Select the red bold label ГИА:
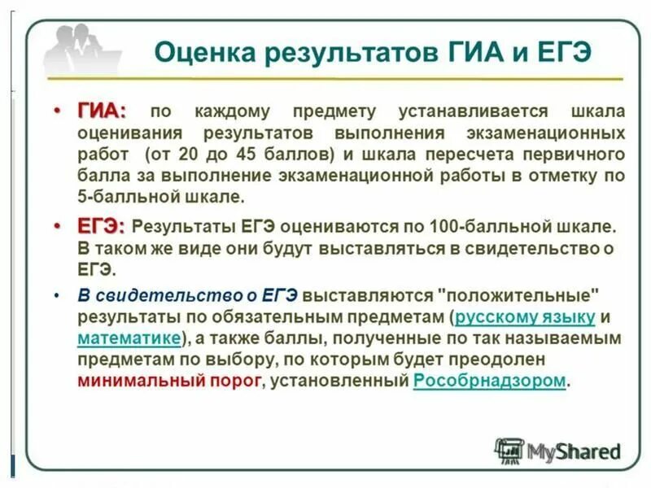pos(101,111)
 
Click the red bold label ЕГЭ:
pos(100,226)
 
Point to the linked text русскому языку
pos(525,317)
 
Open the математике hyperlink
pos(129,338)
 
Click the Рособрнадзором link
pos(488,381)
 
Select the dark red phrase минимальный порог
pos(170,381)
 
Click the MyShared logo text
pos(574,451)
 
